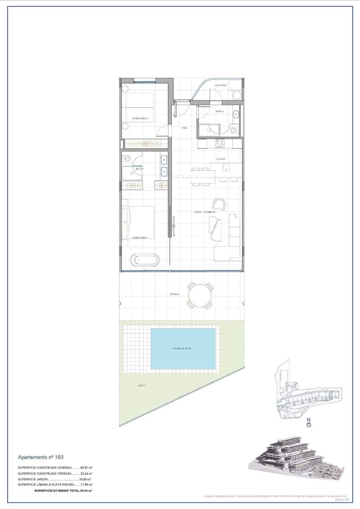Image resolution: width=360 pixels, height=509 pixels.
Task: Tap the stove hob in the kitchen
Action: pos(219,143)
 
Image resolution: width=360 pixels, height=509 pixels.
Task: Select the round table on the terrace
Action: pos(199,295)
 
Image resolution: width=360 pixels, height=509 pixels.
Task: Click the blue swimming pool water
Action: pos(183,349)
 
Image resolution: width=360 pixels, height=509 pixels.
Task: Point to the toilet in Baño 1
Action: pos(126,159)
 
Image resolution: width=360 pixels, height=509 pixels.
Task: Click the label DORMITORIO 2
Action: pos(140,118)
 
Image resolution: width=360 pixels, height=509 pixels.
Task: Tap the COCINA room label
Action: pos(220,159)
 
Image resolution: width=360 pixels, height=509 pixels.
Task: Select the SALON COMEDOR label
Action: pos(202,212)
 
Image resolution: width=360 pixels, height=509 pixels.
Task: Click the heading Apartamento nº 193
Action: pos(41,457)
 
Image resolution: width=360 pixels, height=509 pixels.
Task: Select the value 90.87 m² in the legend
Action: pos(87,467)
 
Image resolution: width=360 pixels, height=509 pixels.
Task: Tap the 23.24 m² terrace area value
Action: pos(87,473)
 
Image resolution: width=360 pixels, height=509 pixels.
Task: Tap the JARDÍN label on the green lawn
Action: pos(142,386)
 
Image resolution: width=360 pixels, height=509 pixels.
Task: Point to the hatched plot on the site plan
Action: pos(330,396)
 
